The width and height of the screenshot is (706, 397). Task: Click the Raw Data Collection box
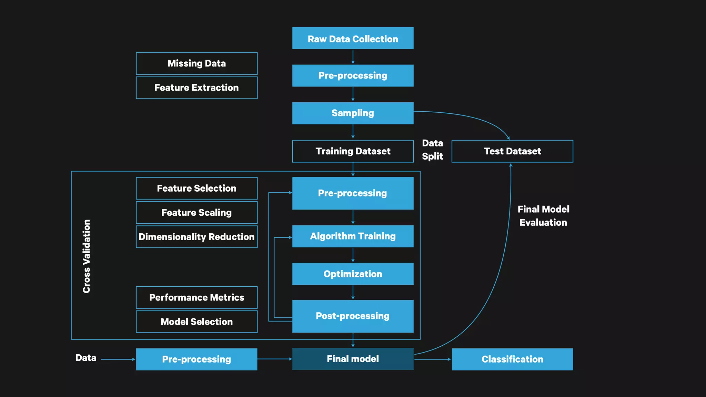(x=353, y=38)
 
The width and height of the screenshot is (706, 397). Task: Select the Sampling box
(x=353, y=113)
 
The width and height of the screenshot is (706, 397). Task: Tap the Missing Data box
(x=196, y=63)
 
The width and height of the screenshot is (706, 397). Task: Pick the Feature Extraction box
(x=196, y=88)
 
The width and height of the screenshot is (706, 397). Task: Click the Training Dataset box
(x=353, y=151)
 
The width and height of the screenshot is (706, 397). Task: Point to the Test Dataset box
(x=512, y=151)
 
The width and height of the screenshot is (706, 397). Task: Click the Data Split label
(x=432, y=150)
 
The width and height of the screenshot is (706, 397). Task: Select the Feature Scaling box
(x=196, y=212)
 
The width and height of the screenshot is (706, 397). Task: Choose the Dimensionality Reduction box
(x=196, y=236)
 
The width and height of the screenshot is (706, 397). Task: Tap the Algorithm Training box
(x=353, y=236)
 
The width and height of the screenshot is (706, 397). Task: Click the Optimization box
(x=353, y=274)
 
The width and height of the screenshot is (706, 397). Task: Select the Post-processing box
(x=353, y=316)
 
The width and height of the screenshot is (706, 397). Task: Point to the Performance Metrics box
(x=196, y=297)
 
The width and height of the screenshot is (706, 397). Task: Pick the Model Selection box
(x=196, y=322)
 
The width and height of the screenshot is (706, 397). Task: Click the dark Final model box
(x=353, y=359)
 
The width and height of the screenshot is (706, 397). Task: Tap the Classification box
(x=512, y=359)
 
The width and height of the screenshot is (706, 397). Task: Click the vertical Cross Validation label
(x=87, y=256)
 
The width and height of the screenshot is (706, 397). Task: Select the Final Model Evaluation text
(x=543, y=216)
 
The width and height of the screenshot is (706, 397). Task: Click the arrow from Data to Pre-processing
(x=117, y=359)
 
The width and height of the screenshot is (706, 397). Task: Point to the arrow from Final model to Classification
(x=432, y=359)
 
